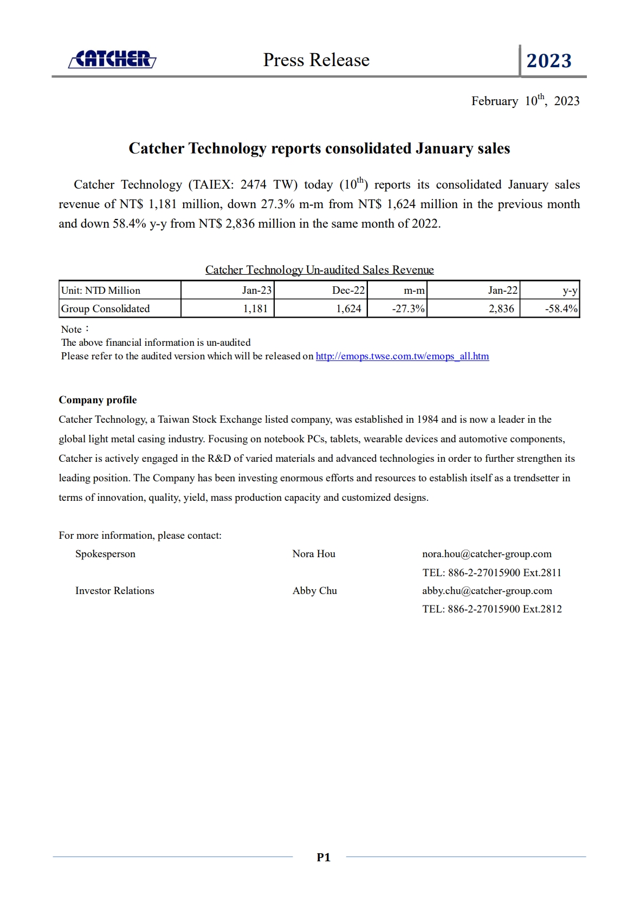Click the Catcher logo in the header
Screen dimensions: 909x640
(112, 59)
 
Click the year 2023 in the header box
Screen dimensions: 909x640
(549, 61)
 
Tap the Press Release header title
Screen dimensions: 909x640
(316, 60)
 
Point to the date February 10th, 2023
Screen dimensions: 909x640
(525, 101)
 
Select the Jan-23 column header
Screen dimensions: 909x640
(256, 291)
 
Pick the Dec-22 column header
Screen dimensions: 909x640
(348, 291)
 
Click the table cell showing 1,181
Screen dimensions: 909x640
(255, 309)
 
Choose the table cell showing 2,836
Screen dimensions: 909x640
(501, 309)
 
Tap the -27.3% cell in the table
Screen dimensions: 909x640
(408, 309)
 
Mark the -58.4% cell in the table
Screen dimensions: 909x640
(561, 309)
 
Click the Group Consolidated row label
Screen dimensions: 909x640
(106, 309)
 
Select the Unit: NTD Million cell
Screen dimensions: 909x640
(101, 291)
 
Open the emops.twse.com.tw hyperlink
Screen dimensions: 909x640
(402, 356)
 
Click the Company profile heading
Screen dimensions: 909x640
(98, 400)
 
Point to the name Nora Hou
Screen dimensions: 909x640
(314, 554)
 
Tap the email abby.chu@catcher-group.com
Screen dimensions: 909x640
(487, 591)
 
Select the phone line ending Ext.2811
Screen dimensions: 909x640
(492, 572)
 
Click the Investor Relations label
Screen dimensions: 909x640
(115, 591)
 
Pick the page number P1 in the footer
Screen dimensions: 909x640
(324, 857)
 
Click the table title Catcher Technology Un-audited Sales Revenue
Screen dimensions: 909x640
(319, 270)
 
